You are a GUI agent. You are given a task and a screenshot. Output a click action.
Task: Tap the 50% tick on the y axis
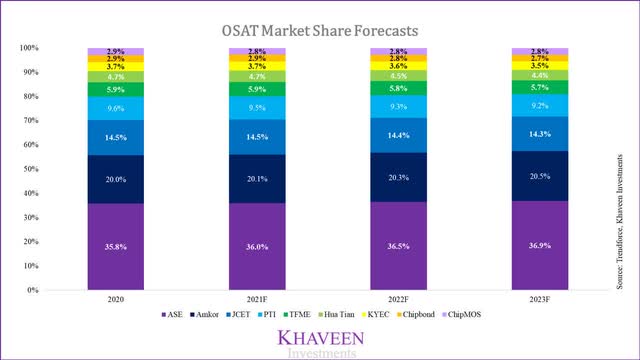tap(30, 169)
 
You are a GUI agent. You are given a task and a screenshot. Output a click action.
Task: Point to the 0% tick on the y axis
tap(32, 291)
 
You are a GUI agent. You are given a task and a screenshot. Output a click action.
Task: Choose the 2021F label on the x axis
tap(254, 302)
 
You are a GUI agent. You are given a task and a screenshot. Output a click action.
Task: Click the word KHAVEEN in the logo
tap(321, 337)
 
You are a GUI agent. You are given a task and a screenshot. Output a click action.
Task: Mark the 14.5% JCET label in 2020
tap(115, 134)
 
